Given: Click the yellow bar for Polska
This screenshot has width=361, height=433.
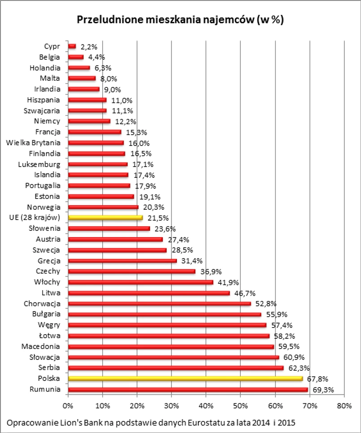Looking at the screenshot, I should tap(185, 379).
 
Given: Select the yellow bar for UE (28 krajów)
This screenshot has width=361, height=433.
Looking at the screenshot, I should tap(105, 217).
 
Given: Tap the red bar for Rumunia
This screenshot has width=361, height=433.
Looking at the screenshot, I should tap(188, 389).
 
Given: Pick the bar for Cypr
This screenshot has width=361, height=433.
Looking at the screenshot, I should tap(72, 46).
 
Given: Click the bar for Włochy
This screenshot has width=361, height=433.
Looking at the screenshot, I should tap(140, 282).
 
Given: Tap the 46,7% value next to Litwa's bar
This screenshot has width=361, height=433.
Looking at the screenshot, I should tap(244, 293).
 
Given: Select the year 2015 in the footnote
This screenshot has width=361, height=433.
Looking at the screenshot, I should tap(288, 422).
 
